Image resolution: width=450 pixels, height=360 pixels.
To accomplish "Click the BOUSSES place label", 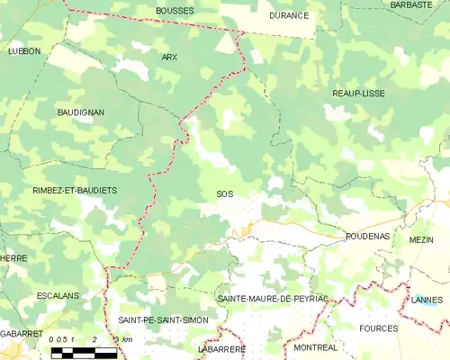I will click(174, 11).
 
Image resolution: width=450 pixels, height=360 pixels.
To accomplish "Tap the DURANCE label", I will click(289, 15).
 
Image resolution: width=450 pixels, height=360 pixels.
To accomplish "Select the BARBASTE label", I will click(411, 4).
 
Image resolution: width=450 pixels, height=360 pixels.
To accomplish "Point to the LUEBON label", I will click(24, 51).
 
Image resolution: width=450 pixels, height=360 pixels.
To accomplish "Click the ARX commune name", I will click(169, 57).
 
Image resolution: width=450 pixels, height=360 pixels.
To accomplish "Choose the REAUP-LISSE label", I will click(358, 93).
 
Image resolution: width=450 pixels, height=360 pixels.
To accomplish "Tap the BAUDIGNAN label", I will click(80, 112).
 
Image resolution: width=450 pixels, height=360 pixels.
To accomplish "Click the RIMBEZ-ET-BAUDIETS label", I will click(75, 191).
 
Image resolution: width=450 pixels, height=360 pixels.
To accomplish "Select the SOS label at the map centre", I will click(224, 193).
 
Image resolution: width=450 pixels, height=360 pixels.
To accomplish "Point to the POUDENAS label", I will click(367, 236).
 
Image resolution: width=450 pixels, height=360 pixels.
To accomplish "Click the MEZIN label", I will click(421, 240).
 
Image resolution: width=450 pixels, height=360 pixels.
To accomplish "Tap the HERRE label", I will click(13, 258).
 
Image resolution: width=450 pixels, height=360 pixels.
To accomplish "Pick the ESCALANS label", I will click(58, 295).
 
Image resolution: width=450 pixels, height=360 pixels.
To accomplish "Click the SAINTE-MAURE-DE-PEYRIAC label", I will click(273, 297).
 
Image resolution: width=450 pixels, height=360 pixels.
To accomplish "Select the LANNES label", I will click(427, 300).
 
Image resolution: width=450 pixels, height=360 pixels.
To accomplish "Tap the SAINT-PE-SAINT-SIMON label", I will click(163, 320).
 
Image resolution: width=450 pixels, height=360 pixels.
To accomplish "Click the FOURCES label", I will click(378, 328).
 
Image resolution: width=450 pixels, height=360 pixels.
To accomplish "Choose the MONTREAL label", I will click(316, 347).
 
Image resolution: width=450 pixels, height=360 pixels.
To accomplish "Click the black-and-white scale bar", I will click(84, 351).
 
